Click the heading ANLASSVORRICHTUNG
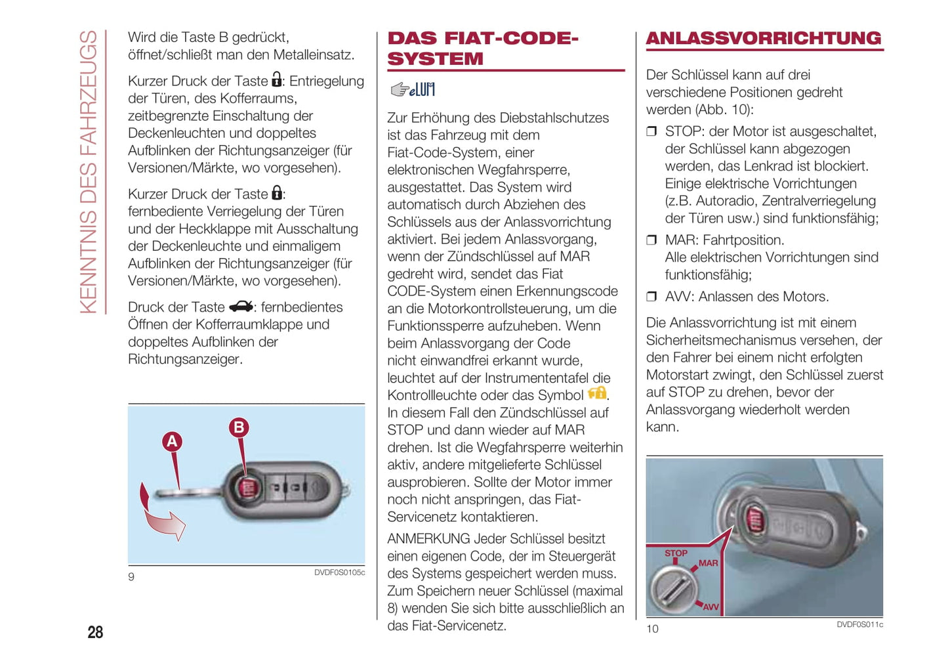click(764, 38)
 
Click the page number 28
click(95, 632)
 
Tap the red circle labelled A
click(172, 441)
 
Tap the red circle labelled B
click(239, 427)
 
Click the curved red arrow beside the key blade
click(161, 515)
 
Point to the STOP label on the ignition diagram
click(676, 553)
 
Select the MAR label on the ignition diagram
click(708, 563)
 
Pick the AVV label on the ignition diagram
click(711, 607)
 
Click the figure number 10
click(652, 629)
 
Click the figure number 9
click(131, 576)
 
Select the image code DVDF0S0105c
click(339, 572)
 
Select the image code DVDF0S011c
click(859, 624)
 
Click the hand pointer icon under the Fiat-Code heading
click(400, 89)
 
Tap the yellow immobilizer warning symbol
click(597, 393)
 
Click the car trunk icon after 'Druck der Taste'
click(241, 307)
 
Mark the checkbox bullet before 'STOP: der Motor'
click(651, 131)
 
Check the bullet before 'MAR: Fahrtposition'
click(651, 240)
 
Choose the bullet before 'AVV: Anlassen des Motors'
click(651, 297)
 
